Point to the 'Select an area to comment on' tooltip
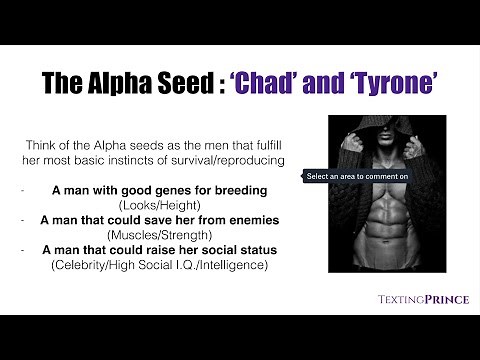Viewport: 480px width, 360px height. (x=357, y=176)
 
